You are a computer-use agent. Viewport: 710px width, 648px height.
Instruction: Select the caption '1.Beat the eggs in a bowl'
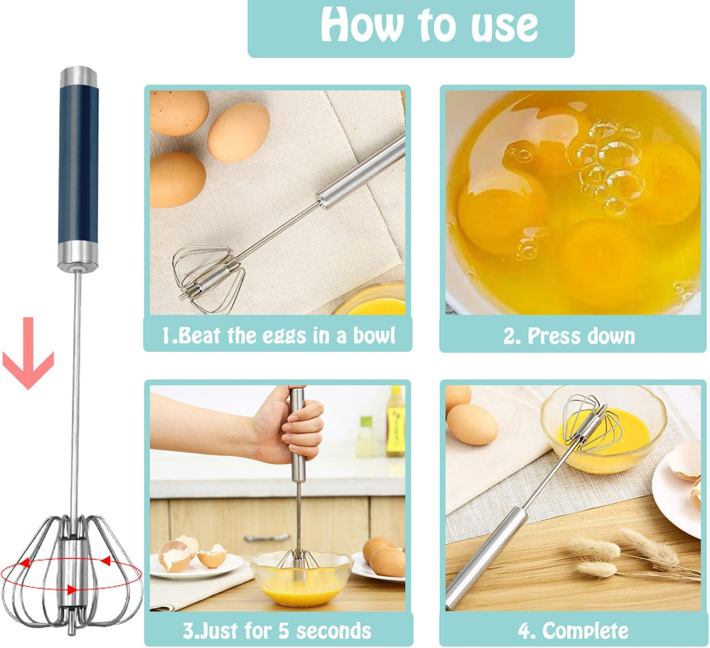click(x=278, y=335)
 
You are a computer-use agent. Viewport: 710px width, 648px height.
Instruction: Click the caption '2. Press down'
click(x=569, y=336)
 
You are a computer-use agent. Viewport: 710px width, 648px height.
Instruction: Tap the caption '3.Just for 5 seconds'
click(x=277, y=631)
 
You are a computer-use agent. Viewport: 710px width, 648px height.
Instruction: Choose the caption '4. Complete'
click(x=573, y=631)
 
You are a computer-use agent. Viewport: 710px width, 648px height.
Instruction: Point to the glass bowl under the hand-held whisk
click(x=301, y=579)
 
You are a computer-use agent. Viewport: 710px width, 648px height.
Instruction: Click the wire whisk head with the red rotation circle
click(x=71, y=572)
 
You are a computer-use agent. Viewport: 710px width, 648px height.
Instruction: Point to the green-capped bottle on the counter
click(x=366, y=437)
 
